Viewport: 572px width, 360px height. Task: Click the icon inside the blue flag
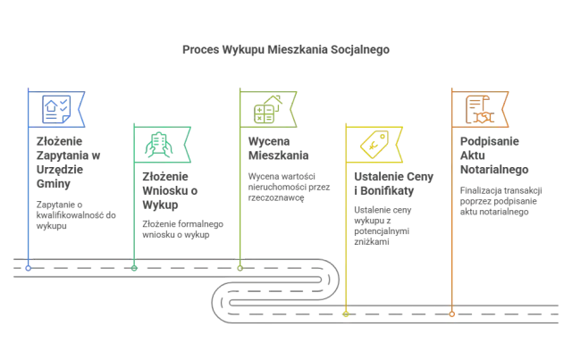pyautogui.click(x=55, y=109)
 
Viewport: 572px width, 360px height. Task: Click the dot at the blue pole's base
pyautogui.click(x=28, y=267)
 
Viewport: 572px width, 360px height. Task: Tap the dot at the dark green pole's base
pyautogui.click(x=134, y=267)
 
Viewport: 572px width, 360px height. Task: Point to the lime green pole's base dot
pyautogui.click(x=240, y=267)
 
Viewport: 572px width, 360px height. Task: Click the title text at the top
pyautogui.click(x=285, y=50)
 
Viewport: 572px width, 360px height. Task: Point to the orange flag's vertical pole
pyautogui.click(x=453, y=232)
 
